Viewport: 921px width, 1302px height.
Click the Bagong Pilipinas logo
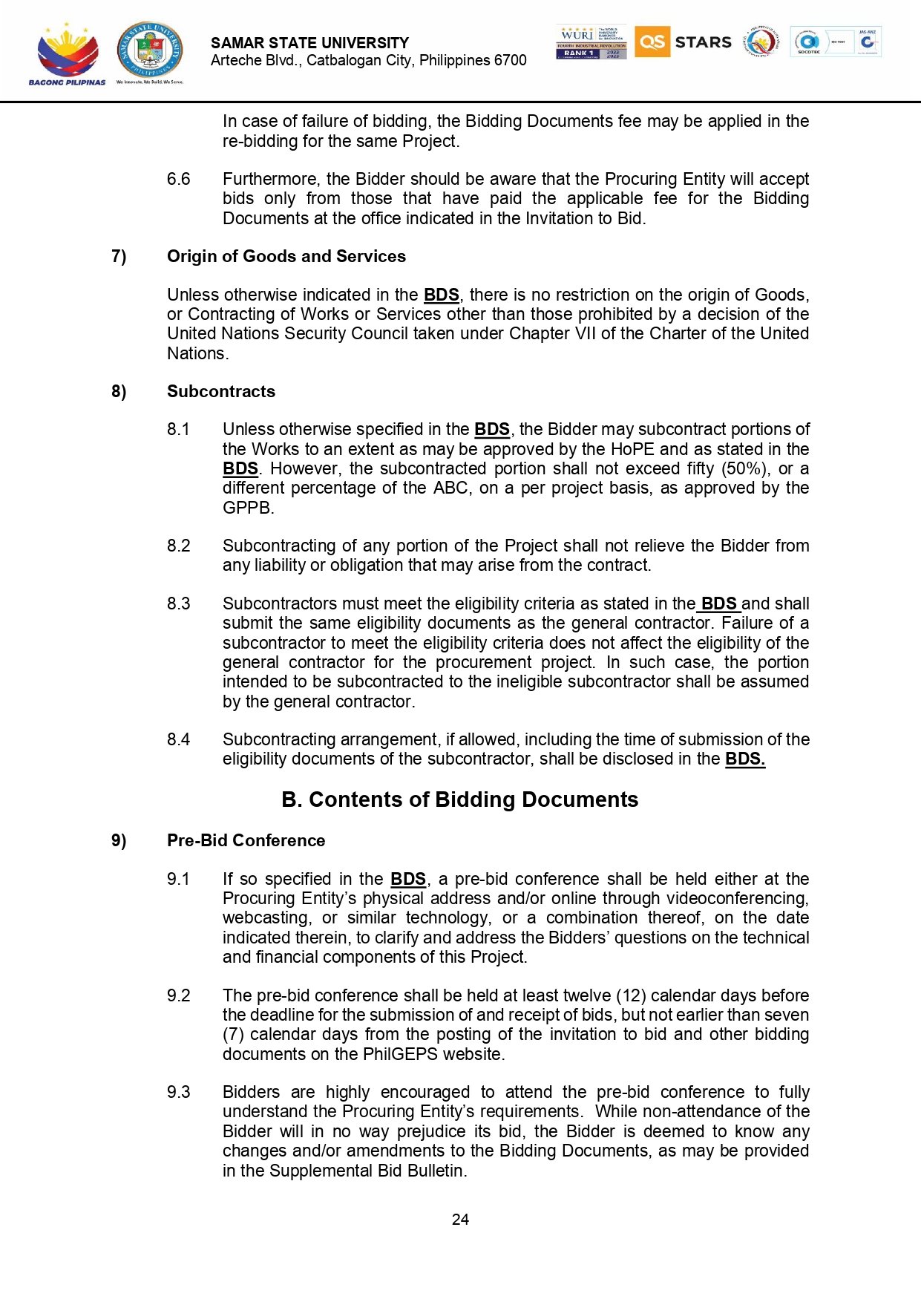coord(67,53)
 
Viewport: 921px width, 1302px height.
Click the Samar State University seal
coord(150,50)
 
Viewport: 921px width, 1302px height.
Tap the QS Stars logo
coord(683,42)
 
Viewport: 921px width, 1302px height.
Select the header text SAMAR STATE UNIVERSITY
coord(309,43)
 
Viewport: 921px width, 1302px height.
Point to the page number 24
coord(460,1219)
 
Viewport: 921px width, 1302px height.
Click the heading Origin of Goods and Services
coord(286,256)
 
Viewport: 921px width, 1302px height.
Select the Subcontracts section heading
coord(220,391)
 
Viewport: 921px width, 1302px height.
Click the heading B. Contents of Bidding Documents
coord(459,799)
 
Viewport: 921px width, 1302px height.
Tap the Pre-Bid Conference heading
coord(246,840)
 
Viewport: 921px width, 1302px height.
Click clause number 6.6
coord(178,179)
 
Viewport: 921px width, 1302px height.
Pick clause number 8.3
coord(178,603)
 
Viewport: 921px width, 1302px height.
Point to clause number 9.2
coord(178,995)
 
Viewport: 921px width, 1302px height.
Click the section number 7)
coord(119,256)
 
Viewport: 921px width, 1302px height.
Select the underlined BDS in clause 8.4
coord(744,759)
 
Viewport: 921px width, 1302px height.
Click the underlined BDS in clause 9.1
coord(408,879)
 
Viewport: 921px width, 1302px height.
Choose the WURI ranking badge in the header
coord(591,42)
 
